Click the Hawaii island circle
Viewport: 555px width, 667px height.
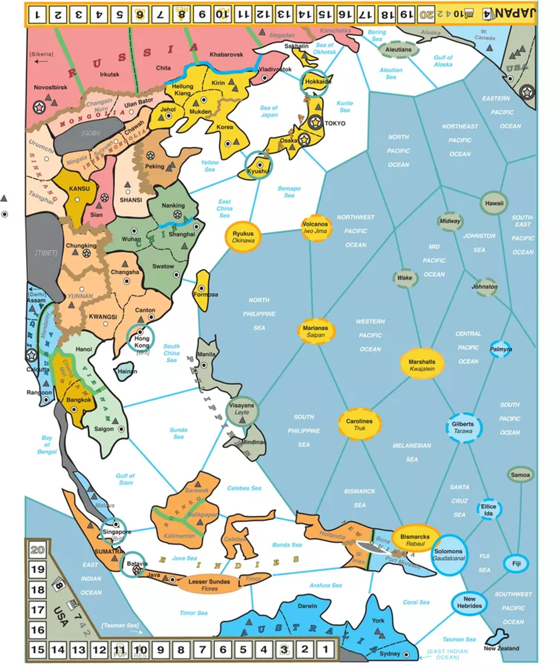[494, 203]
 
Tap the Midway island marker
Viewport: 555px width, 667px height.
[450, 222]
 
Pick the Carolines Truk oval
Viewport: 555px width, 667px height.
[360, 425]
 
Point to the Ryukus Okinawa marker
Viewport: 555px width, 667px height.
[243, 237]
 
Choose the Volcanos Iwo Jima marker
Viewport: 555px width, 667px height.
[316, 227]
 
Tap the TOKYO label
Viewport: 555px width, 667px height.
[335, 123]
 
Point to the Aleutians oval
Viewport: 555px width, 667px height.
[398, 50]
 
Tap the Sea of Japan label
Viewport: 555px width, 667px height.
[269, 111]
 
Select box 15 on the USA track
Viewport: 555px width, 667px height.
[38, 649]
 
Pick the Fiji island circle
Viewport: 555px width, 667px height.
[516, 564]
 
